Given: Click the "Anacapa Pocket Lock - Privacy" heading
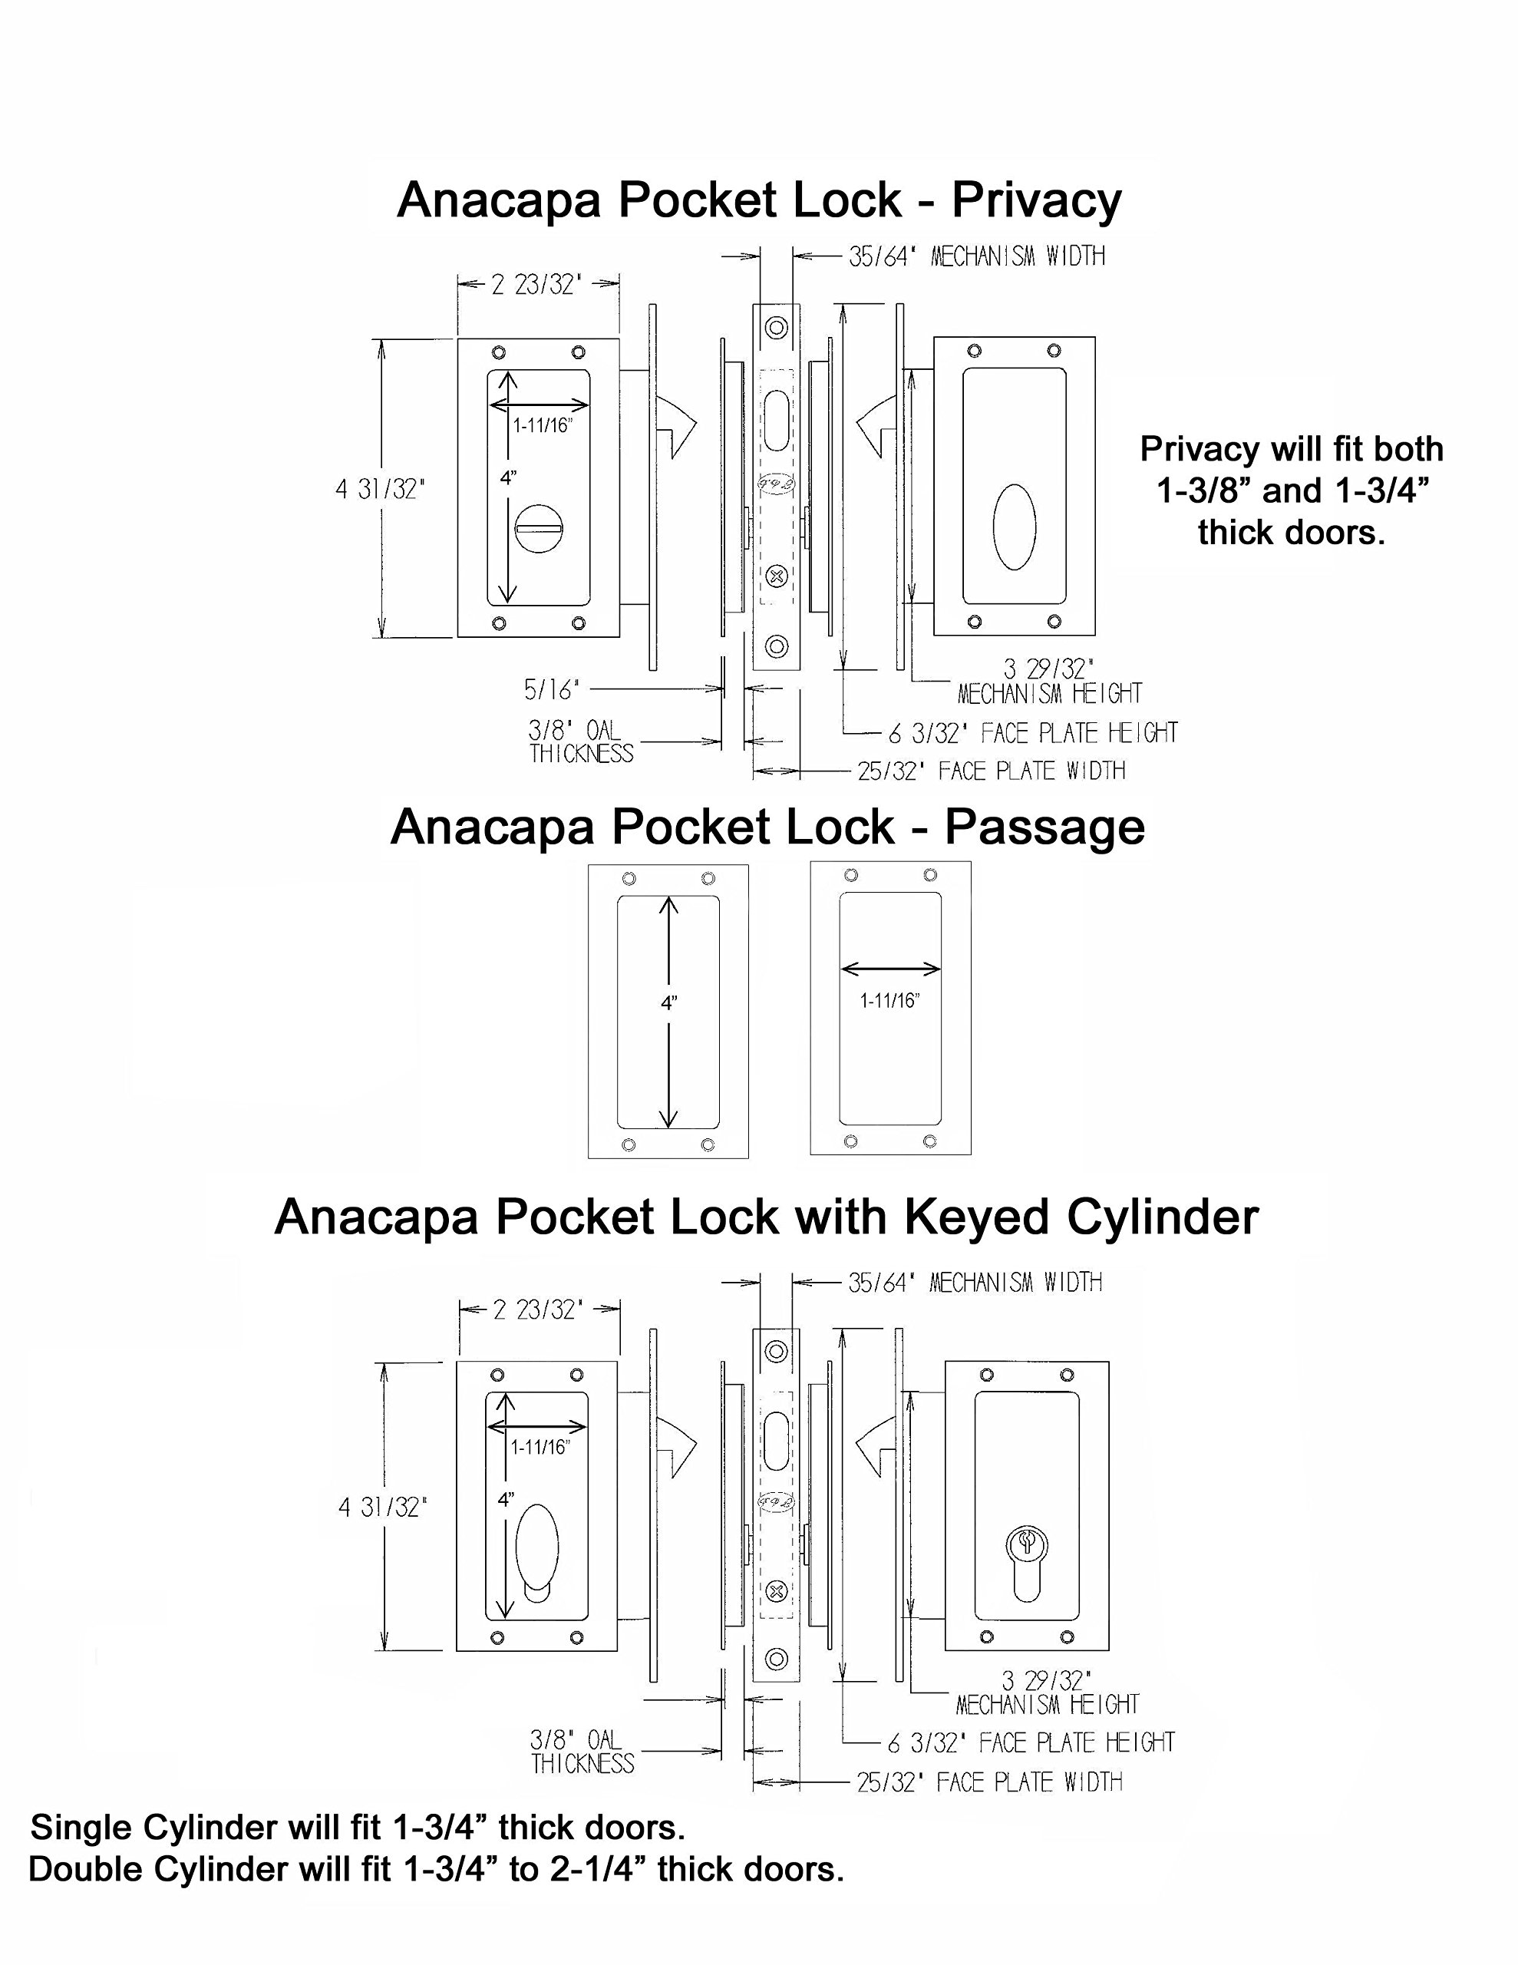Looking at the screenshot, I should (758, 200).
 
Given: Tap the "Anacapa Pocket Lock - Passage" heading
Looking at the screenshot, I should (767, 827).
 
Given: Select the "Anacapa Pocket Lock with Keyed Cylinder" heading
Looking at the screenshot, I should (766, 1217).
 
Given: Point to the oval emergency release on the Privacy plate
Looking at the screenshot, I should (1014, 527).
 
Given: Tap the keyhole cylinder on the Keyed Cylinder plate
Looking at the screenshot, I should (1026, 1564).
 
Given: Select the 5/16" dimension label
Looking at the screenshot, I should (552, 690).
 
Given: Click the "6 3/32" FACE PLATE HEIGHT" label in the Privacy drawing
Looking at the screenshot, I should (1032, 733).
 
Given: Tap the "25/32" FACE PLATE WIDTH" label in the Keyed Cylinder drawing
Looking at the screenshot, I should (989, 1782).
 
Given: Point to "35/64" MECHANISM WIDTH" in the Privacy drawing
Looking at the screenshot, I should (976, 256).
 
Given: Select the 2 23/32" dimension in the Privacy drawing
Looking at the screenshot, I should (537, 286).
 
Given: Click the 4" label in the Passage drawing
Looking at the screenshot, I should (668, 1002).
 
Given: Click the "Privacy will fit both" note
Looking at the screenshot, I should (1292, 449).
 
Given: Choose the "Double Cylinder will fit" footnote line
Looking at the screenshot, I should (437, 1869).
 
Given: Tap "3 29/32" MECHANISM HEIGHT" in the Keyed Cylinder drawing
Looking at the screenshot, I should (1048, 1693).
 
